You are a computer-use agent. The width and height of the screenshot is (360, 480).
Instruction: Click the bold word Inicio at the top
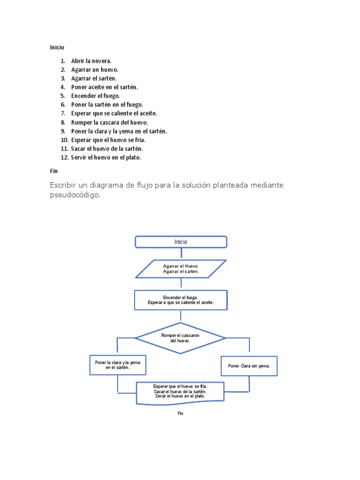[x=57, y=47]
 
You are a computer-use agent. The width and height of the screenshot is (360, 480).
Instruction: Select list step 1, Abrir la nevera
[x=91, y=61]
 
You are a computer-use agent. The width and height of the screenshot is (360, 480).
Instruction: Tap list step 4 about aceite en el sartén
[x=105, y=87]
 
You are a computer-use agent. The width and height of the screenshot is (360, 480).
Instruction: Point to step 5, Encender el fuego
[x=96, y=96]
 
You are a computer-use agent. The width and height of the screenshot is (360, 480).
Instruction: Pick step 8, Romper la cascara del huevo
[x=109, y=122]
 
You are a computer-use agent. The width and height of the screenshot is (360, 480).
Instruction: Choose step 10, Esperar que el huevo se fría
[x=108, y=140]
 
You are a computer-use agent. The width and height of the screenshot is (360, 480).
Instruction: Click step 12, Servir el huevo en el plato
[x=106, y=157]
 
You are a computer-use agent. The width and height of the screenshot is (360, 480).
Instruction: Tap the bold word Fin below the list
[x=54, y=171]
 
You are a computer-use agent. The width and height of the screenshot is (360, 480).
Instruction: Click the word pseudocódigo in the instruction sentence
[x=75, y=195]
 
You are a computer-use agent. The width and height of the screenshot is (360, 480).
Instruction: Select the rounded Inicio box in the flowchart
[x=181, y=242]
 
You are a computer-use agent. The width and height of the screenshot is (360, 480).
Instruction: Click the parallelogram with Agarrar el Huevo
[x=181, y=269]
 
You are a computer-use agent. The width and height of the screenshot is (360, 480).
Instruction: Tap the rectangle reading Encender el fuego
[x=181, y=300]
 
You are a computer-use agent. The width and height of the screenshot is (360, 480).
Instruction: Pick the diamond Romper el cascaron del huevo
[x=180, y=338]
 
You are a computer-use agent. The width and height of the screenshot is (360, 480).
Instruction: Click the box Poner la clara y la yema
[x=118, y=365]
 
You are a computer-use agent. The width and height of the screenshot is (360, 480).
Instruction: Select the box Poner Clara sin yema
[x=249, y=366]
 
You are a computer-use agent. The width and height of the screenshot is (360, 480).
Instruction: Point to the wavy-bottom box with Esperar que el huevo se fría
[x=180, y=392]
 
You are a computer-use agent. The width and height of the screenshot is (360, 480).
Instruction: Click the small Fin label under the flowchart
[x=180, y=413]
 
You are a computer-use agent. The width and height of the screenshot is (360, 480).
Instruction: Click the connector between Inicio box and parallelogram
[x=181, y=254]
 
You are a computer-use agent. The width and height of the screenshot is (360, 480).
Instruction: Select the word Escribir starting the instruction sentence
[x=64, y=185]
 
